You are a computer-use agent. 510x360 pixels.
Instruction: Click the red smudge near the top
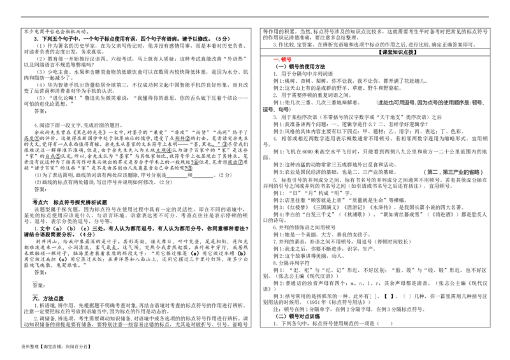click(282, 60)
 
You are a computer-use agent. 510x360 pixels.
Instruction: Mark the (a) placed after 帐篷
click(194, 254)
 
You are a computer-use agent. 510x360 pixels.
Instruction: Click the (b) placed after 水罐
click(241, 254)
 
